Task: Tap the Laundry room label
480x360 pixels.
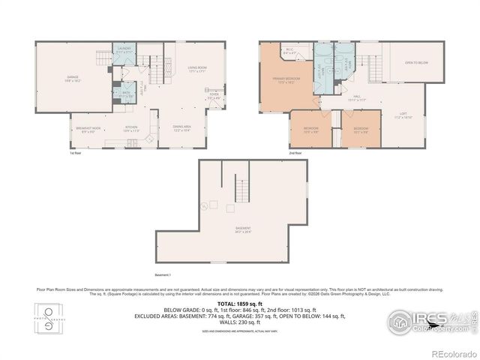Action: pos(125,51)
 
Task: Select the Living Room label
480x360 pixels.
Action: pos(198,70)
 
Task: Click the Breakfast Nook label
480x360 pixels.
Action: pos(88,129)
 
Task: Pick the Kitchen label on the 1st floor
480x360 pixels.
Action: pos(130,129)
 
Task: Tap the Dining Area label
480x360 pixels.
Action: pos(181,128)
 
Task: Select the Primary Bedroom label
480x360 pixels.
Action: pos(286,80)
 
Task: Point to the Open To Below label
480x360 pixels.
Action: pos(415,63)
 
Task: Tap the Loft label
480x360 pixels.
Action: pos(403,115)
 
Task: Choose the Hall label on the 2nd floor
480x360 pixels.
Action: pos(357,97)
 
